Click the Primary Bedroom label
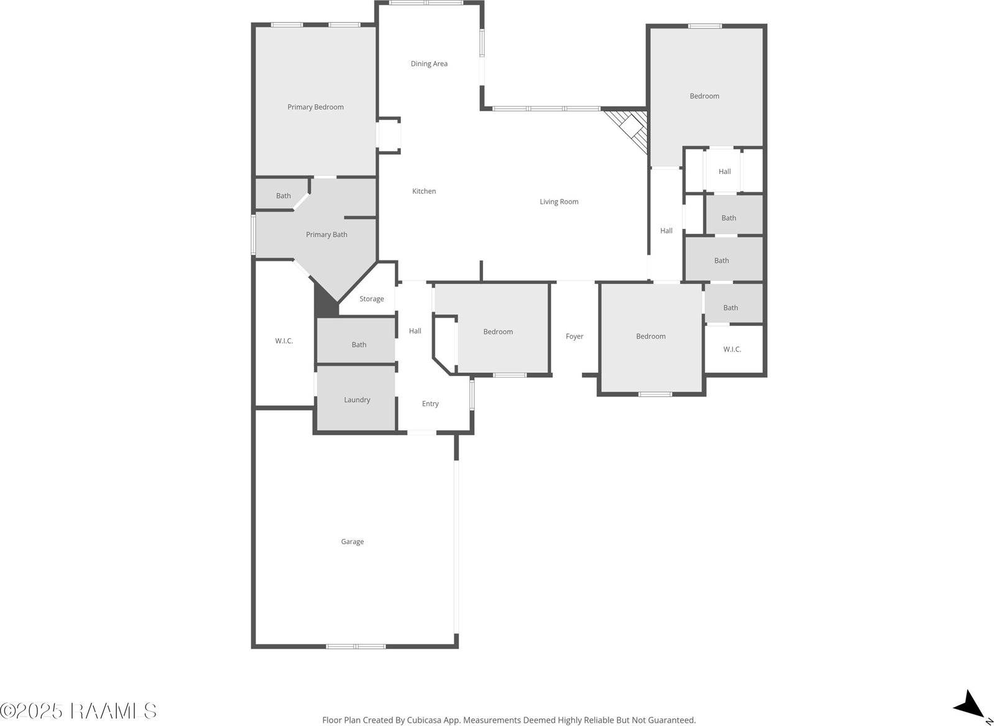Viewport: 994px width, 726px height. pos(315,107)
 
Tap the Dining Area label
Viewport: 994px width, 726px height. pos(429,63)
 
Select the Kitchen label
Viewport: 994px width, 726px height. pos(424,191)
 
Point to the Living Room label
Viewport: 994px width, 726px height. pos(559,201)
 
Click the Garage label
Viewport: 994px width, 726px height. pos(352,541)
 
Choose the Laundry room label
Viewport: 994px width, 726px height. pos(357,400)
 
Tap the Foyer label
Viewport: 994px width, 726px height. pos(574,336)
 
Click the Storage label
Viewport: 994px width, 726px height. pos(371,299)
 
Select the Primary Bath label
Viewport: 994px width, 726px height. pos(326,234)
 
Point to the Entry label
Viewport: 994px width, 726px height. pos(430,403)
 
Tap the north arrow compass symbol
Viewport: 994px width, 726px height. pos(969,705)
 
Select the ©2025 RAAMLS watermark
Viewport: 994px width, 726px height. pos(78,710)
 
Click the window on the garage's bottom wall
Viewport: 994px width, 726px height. pos(356,646)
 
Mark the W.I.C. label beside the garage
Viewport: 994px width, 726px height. pos(284,341)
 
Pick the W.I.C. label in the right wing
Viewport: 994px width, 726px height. pos(732,349)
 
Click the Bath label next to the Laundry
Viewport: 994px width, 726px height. pos(359,344)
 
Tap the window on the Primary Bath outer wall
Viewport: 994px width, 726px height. pos(253,234)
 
